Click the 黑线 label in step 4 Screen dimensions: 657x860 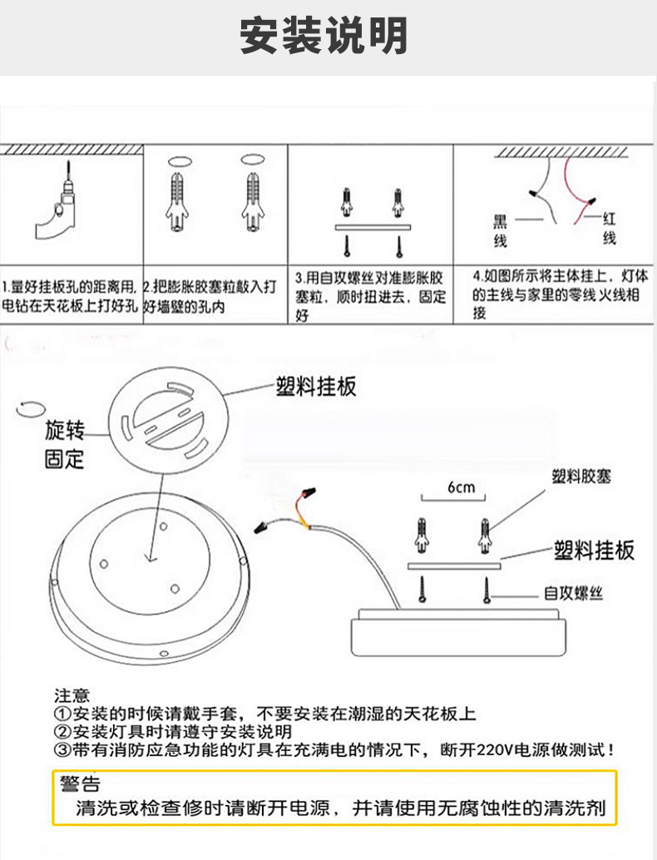point(500,230)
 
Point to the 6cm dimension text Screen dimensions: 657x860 point(460,487)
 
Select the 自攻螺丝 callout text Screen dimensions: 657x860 point(573,593)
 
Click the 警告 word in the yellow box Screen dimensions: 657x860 point(80,783)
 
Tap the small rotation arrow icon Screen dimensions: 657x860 point(30,408)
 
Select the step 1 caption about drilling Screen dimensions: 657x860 point(70,295)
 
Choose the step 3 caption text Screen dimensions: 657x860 point(371,295)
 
